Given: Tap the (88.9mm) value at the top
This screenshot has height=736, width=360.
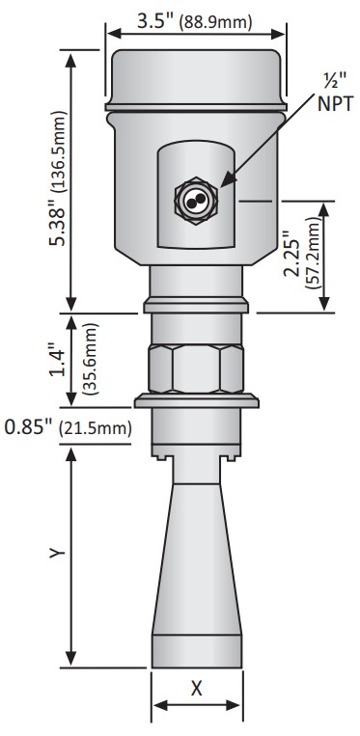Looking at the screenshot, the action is click(x=216, y=22).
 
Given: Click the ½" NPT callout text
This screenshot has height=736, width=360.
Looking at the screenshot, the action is click(x=335, y=93).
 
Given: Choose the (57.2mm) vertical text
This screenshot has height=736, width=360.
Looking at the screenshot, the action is click(x=313, y=253).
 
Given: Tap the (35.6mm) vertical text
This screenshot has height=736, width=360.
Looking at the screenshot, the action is click(x=90, y=359).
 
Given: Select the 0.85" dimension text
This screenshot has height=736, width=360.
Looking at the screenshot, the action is click(x=27, y=427).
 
